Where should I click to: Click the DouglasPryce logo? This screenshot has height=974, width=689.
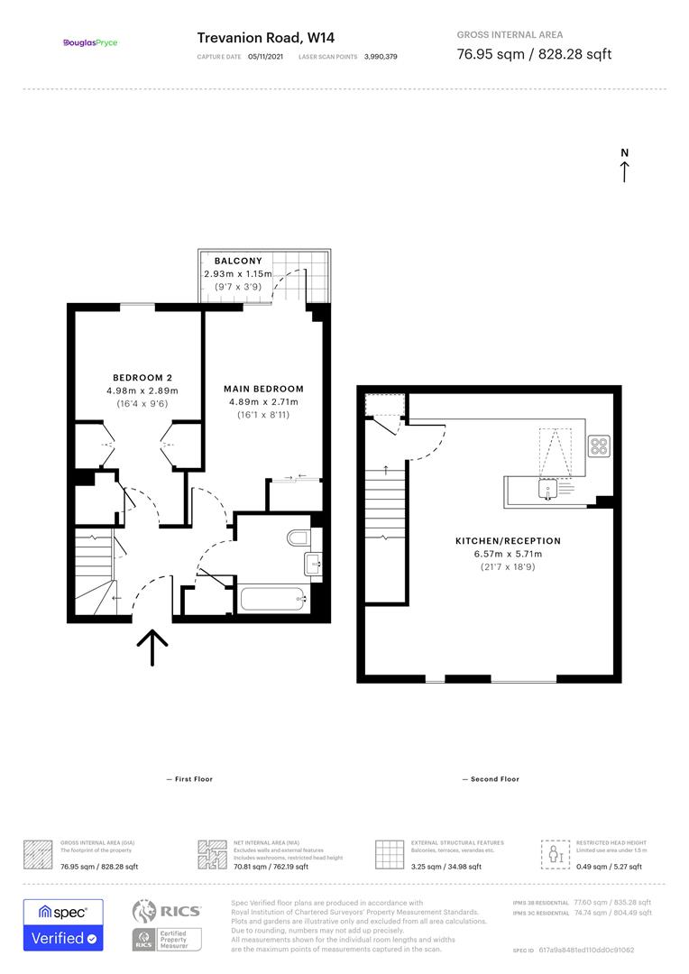tap(90, 42)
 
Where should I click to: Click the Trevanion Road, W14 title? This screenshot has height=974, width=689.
tap(256, 37)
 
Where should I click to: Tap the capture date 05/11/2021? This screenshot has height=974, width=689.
tap(264, 56)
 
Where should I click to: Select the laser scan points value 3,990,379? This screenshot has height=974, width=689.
tap(381, 56)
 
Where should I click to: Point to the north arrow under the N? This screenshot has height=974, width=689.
tap(624, 171)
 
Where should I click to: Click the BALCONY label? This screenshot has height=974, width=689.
tap(238, 261)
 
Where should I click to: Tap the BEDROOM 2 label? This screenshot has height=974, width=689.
tap(142, 377)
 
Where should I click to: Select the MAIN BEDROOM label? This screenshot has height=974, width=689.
tap(263, 389)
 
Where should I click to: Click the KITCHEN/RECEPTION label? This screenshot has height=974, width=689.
tap(508, 541)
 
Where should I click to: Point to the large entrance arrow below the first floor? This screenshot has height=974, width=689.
tap(153, 647)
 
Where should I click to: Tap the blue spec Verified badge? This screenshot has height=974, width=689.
tap(63, 924)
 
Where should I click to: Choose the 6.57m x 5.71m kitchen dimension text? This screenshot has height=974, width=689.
tap(508, 554)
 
